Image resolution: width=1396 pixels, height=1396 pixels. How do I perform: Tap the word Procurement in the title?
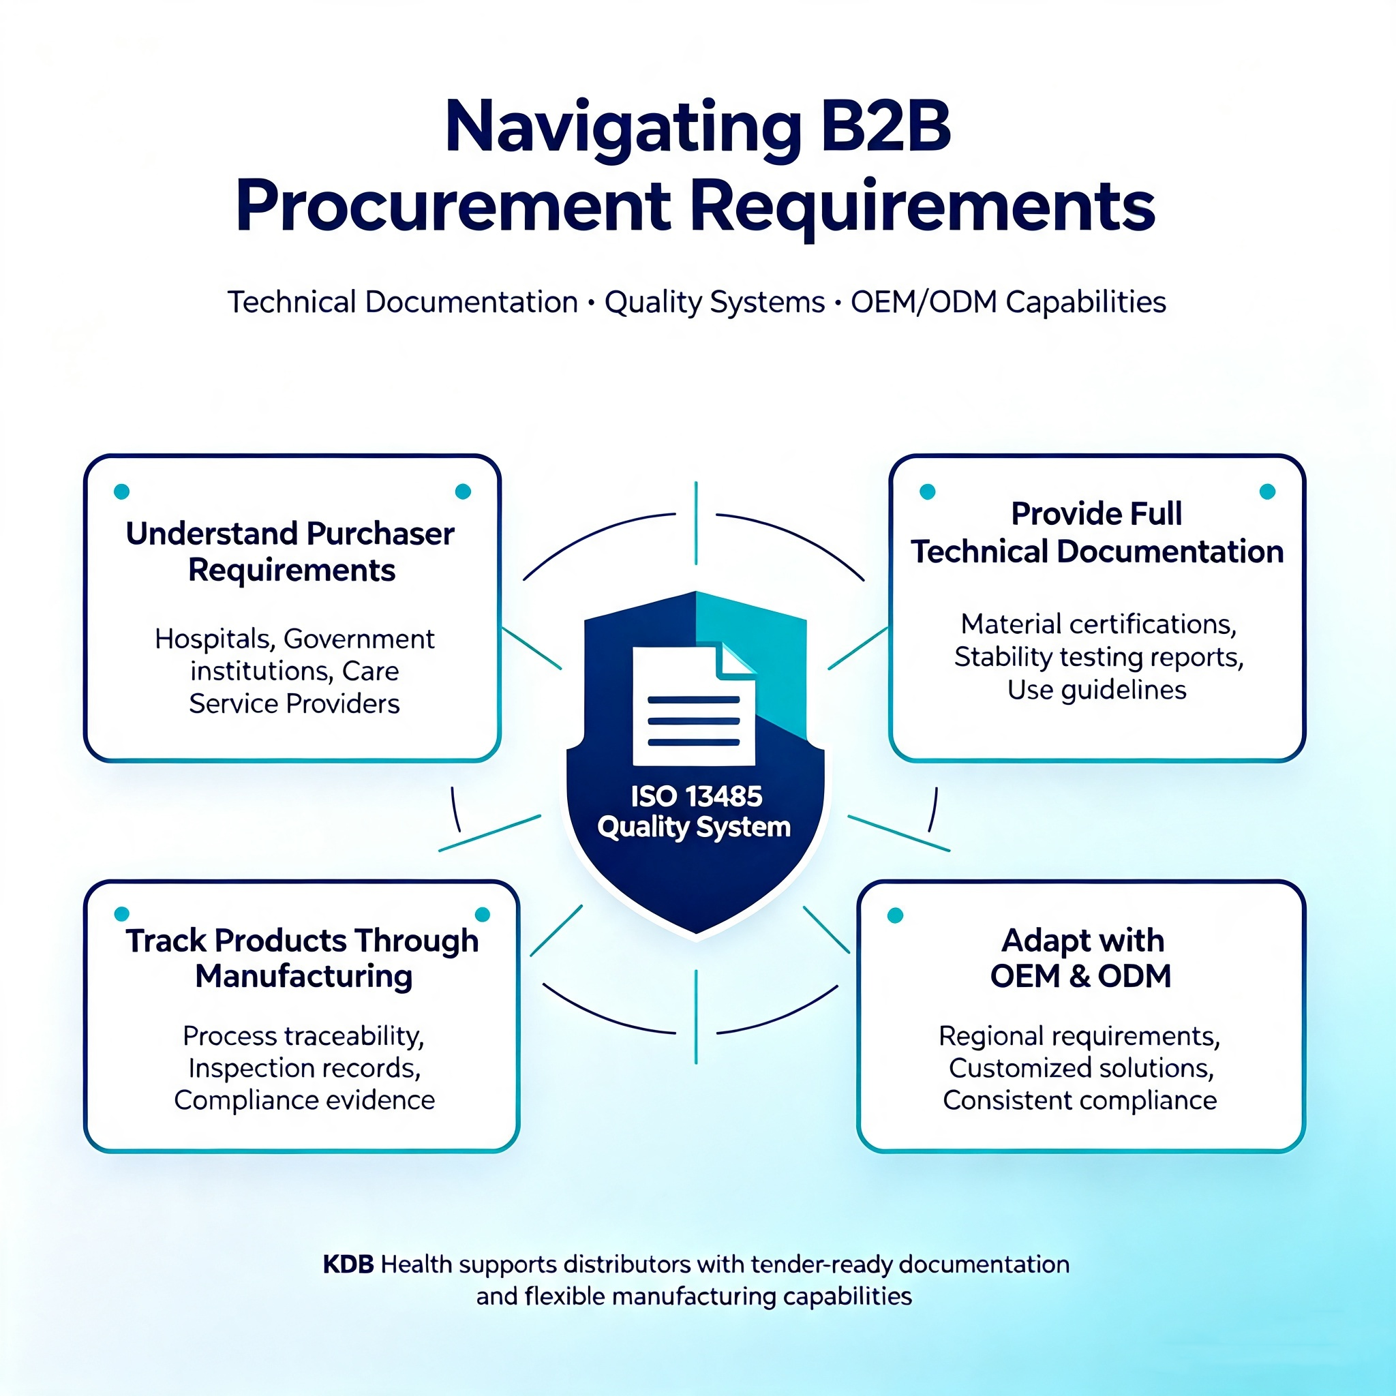(453, 207)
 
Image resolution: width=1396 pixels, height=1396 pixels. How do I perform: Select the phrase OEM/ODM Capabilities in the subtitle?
(1008, 302)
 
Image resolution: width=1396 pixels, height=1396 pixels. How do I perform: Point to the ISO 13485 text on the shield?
(696, 796)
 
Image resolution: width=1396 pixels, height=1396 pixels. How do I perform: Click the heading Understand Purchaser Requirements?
(290, 552)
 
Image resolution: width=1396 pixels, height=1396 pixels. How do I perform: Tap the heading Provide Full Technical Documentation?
(1097, 532)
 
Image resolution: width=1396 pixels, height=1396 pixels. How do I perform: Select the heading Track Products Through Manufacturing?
(303, 958)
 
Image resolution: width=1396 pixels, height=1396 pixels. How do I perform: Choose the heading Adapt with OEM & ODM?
(1082, 958)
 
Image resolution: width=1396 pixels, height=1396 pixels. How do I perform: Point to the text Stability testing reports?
(1098, 658)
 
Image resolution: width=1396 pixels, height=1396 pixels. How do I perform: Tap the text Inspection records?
(304, 1068)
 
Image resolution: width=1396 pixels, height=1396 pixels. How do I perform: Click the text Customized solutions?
(1081, 1068)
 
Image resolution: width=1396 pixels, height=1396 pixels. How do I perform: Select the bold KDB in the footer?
(348, 1264)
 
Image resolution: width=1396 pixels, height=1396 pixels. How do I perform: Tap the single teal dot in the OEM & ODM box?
(895, 915)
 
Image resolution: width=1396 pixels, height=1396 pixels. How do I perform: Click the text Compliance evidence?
(304, 1100)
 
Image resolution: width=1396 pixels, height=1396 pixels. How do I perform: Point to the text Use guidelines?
(1097, 690)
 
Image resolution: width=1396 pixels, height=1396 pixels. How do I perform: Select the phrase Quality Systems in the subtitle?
(714, 302)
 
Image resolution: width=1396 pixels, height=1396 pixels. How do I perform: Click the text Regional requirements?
(1080, 1036)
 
